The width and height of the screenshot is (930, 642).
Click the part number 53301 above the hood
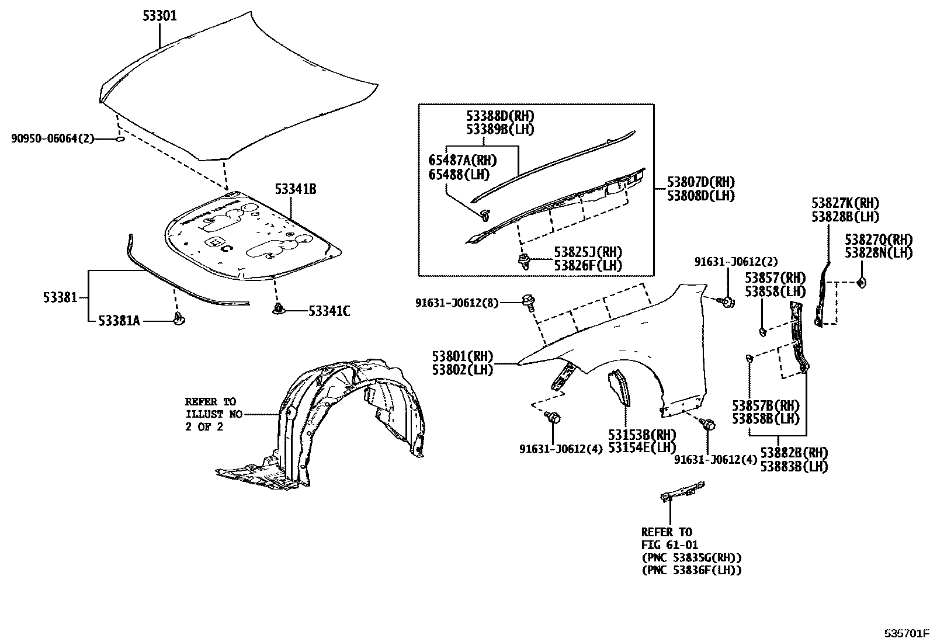159,16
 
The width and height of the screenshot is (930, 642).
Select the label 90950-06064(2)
53,139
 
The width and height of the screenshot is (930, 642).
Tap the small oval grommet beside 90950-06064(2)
119,139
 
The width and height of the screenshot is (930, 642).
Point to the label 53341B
296,189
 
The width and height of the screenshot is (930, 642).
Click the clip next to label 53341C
278,308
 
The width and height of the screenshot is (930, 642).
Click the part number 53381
60,297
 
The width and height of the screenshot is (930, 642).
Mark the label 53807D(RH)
701,182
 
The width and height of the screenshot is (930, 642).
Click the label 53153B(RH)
641,435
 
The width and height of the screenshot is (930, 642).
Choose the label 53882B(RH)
794,453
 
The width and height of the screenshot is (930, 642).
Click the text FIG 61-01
666,544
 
